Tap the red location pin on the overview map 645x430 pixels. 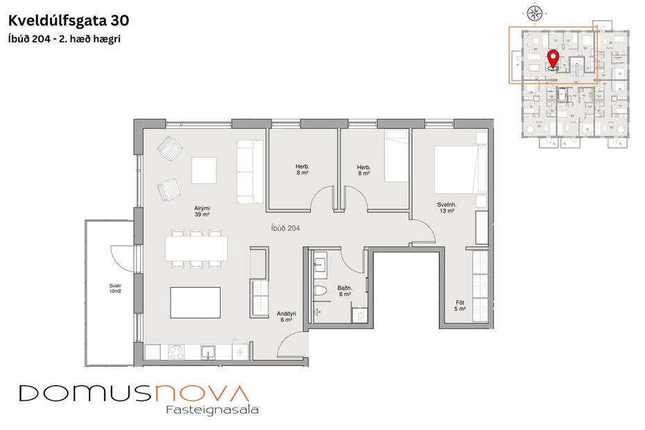point(553,59)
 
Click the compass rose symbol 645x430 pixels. point(534,12)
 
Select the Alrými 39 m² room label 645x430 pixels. point(202,211)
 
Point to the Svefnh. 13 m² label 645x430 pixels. point(446,207)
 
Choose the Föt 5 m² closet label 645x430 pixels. point(460,305)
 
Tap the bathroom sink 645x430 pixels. point(321,264)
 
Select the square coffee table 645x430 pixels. point(204,171)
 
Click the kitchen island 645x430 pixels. point(195,302)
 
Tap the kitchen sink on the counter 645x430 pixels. point(208,352)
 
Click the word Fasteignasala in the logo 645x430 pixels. point(212,410)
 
